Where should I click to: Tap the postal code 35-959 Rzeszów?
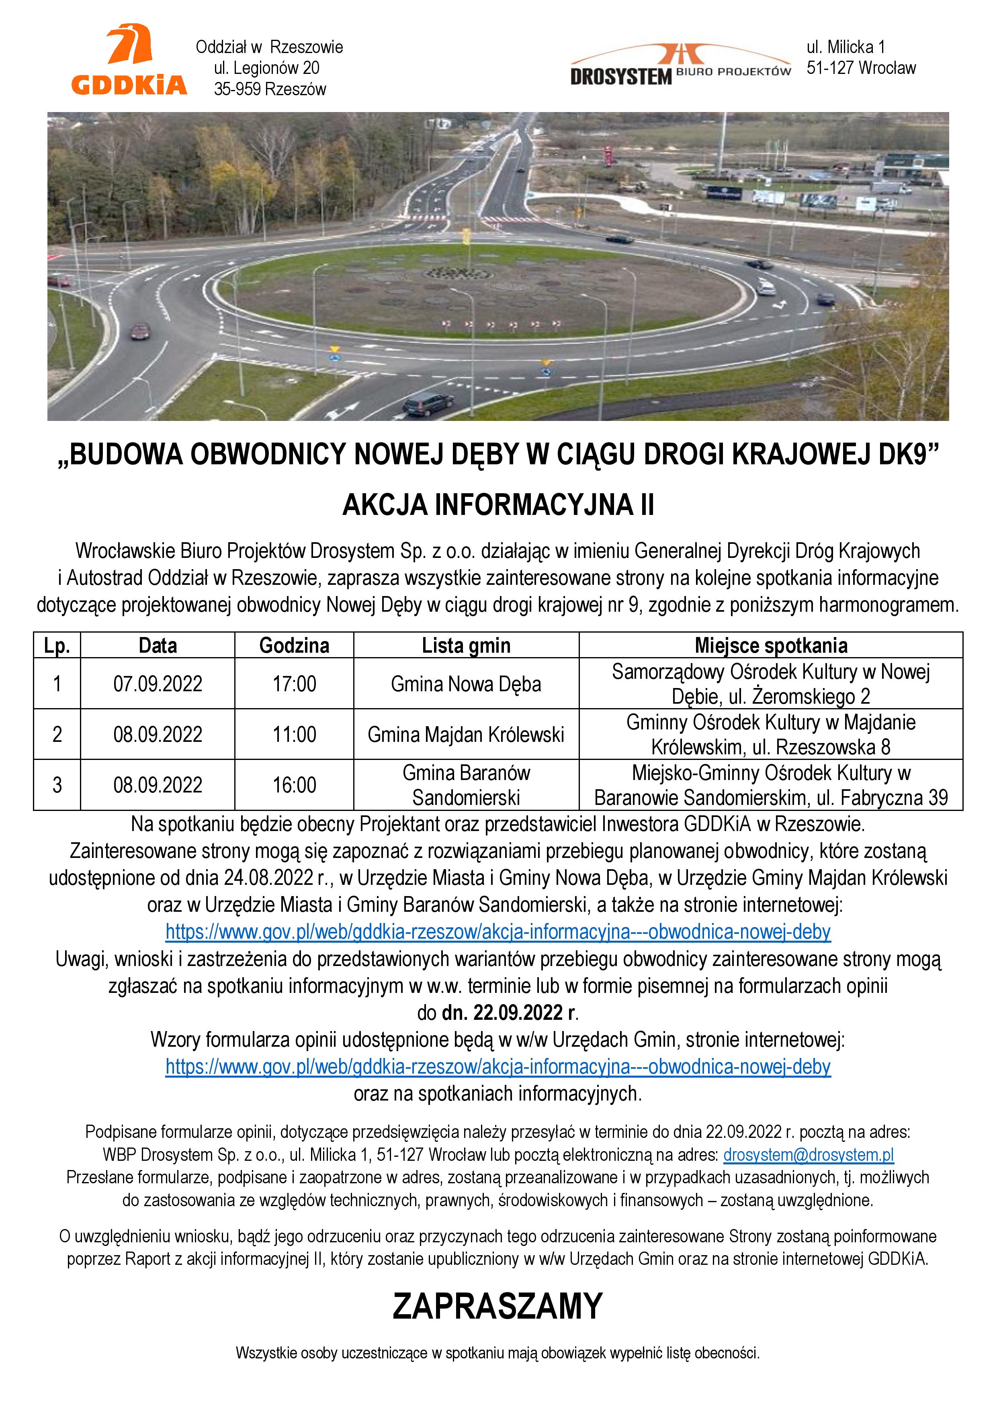pyautogui.click(x=270, y=90)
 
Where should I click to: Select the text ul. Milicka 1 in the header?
pyautogui.click(x=846, y=47)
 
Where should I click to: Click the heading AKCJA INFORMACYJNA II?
pyautogui.click(x=498, y=505)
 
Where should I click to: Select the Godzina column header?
pyautogui.click(x=294, y=645)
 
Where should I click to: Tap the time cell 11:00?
pyautogui.click(x=294, y=735)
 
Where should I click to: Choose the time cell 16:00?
pyautogui.click(x=294, y=785)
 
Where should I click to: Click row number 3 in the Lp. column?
pyautogui.click(x=57, y=785)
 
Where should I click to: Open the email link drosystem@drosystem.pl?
pyautogui.click(x=808, y=1154)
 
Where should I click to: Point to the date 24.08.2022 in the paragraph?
pyautogui.click(x=268, y=878)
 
